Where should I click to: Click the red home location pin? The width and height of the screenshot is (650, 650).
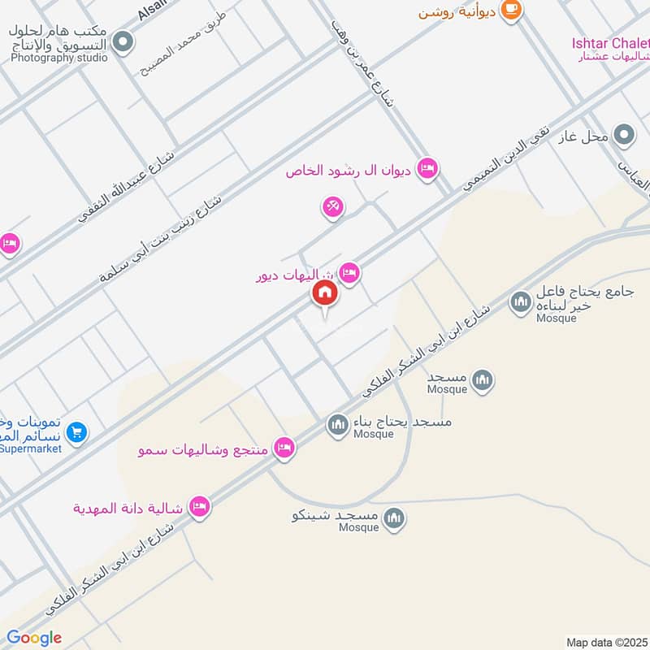pyautogui.click(x=325, y=294)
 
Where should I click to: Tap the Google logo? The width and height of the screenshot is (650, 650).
pyautogui.click(x=35, y=638)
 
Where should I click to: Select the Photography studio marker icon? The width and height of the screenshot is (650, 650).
pyautogui.click(x=123, y=42)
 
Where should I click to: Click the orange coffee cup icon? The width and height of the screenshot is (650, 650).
pyautogui.click(x=511, y=9)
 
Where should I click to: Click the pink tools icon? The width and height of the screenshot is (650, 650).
pyautogui.click(x=332, y=207)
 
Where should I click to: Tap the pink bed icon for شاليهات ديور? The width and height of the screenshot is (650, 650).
pyautogui.click(x=349, y=272)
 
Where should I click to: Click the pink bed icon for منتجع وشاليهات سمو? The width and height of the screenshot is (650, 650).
pyautogui.click(x=284, y=448)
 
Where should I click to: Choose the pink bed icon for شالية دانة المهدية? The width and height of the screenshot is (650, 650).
pyautogui.click(x=198, y=508)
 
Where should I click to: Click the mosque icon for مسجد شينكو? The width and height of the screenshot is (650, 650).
pyautogui.click(x=394, y=518)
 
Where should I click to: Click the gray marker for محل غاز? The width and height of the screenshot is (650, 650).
pyautogui.click(x=624, y=135)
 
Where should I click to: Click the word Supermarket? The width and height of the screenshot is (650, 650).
pyautogui.click(x=31, y=448)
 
